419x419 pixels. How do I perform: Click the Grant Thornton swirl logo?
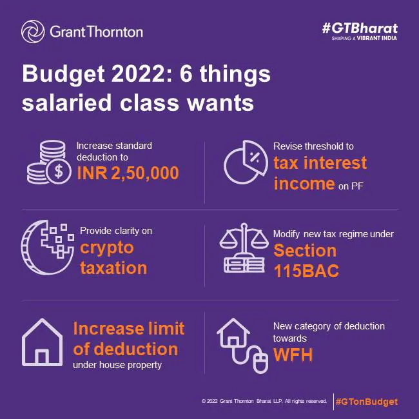point(33,32)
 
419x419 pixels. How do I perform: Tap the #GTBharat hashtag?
point(360,28)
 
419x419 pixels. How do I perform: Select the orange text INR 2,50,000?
point(128,173)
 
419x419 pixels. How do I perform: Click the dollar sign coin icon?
point(59,171)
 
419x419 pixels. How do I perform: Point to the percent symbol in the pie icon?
point(254,157)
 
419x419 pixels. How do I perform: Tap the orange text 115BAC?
point(306,271)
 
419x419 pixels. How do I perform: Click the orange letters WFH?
point(293,355)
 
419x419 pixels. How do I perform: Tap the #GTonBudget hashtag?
point(367,402)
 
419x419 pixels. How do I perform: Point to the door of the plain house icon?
point(42,356)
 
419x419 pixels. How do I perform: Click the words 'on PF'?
point(351,186)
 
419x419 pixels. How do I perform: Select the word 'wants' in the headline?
point(220,103)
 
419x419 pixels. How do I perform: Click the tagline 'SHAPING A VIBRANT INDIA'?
point(364,38)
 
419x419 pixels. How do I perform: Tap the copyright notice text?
point(264,401)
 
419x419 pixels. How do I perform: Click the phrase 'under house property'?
point(117,365)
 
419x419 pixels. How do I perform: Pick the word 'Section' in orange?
point(305,251)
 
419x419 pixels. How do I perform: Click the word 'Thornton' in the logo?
point(115,32)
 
